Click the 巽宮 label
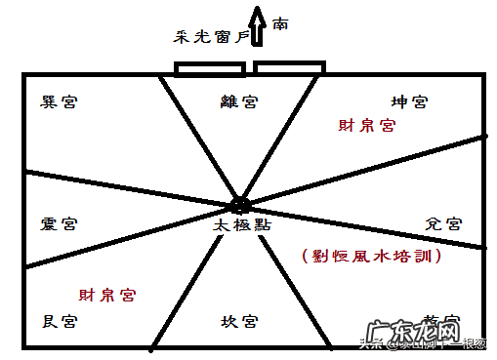point(59,101)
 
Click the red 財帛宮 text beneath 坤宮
point(366,126)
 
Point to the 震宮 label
point(59,224)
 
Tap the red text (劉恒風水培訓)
point(371,257)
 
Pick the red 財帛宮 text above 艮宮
point(107,294)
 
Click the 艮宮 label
point(59,320)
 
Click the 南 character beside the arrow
point(281,21)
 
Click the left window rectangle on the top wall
point(209,69)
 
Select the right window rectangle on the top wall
point(290,69)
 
